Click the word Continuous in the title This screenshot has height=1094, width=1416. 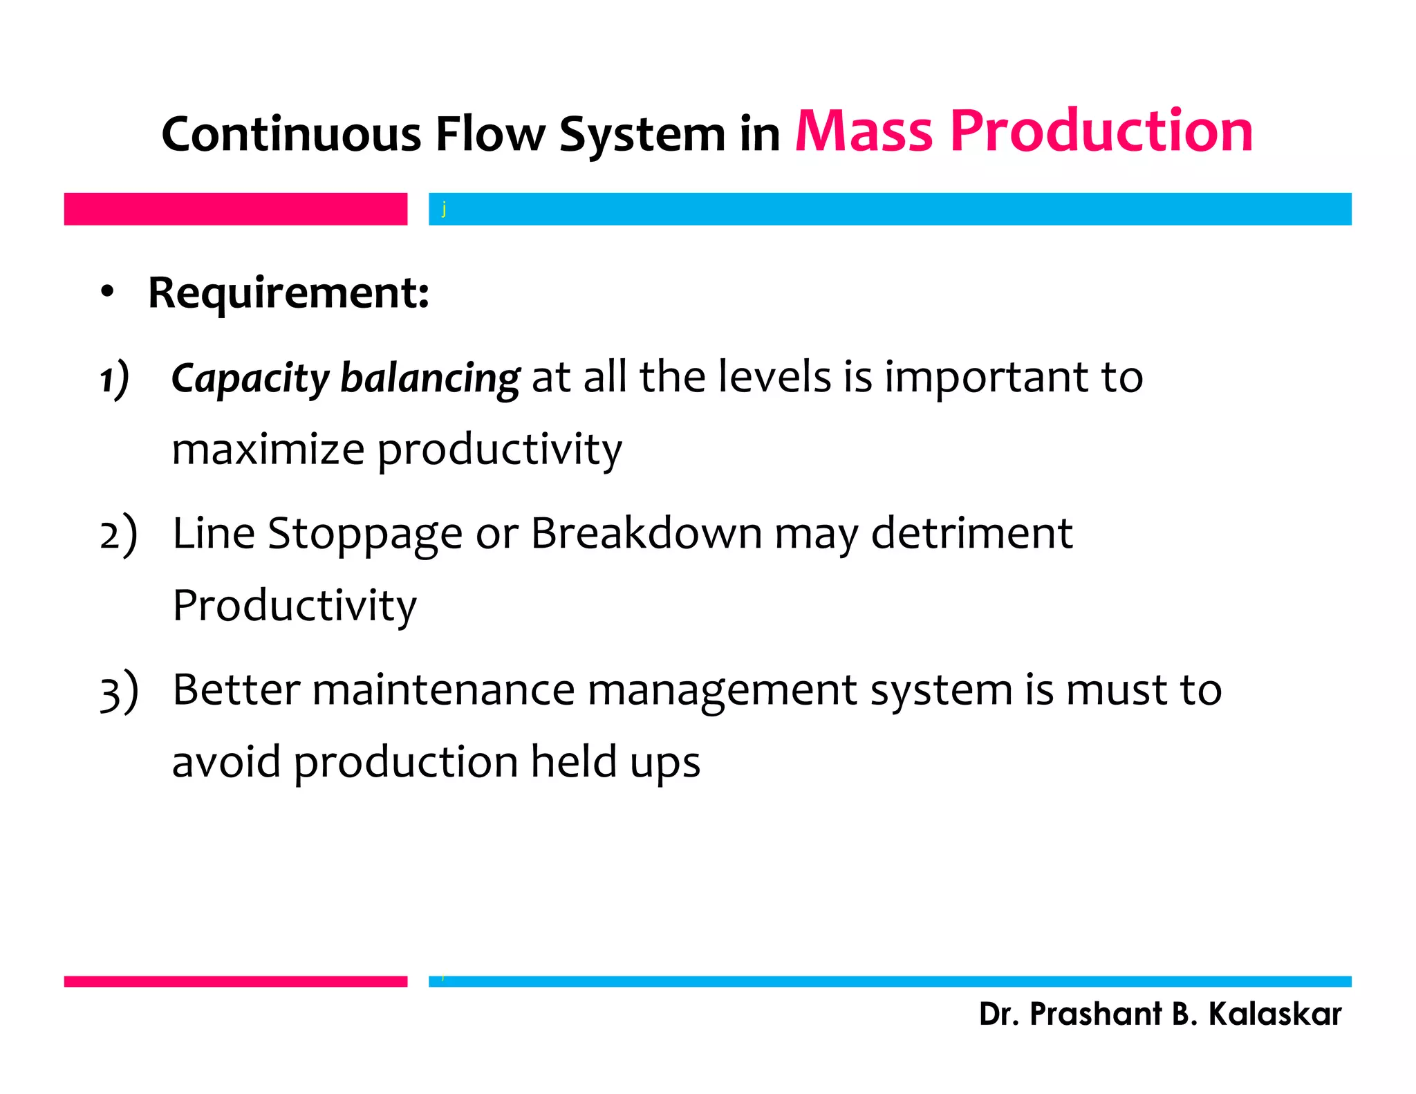290,134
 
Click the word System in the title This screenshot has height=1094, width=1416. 642,134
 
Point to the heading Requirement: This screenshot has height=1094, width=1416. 288,293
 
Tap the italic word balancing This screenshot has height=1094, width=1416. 429,379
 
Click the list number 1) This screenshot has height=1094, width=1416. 115,379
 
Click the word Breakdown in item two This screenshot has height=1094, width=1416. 646,534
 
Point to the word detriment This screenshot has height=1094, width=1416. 971,534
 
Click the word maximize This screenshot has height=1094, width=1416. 268,449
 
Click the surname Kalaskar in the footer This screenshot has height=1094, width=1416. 1274,1014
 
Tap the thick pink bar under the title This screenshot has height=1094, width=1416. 235,209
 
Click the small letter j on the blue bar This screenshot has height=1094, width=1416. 444,209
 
